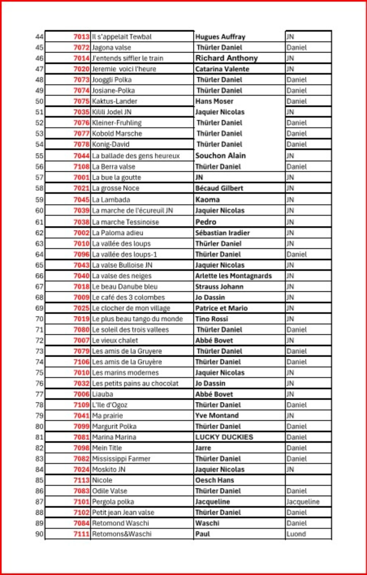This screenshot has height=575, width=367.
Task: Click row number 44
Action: click(x=40, y=37)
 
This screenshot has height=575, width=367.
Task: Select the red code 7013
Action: click(x=81, y=37)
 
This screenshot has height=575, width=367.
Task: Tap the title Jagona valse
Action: click(x=112, y=48)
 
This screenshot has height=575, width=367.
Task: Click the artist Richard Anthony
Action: click(x=226, y=58)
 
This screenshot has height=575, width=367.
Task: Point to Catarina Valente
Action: click(x=222, y=69)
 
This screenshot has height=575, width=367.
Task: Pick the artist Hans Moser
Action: click(x=214, y=101)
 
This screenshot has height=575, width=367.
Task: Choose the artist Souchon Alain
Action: click(x=221, y=156)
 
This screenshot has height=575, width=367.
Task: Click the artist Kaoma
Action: click(x=208, y=200)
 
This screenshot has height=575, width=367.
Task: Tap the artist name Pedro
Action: click(x=206, y=222)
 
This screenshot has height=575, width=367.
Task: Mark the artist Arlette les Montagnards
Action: click(x=233, y=276)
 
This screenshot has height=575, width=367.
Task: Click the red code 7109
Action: click(x=81, y=405)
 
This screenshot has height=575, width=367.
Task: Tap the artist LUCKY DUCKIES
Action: click(x=224, y=437)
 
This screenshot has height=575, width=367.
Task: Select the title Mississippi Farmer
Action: click(x=121, y=459)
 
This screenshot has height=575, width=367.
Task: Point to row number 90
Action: click(x=40, y=534)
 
